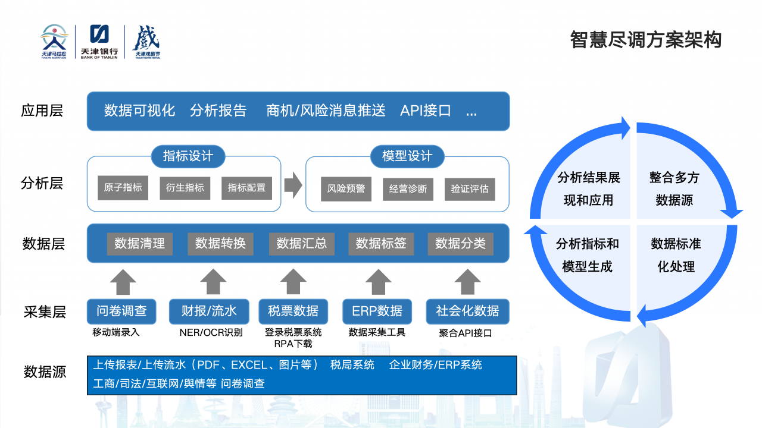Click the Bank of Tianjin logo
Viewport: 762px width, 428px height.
(99, 41)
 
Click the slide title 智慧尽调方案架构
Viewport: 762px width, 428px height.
(646, 39)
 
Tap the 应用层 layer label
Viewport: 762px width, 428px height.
(42, 111)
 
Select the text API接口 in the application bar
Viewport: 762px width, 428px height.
(425, 111)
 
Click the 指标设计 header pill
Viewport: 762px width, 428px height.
(188, 156)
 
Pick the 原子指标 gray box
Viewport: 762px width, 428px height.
(123, 188)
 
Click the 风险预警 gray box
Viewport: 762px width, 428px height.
(346, 189)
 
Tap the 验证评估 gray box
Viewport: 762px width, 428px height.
(469, 189)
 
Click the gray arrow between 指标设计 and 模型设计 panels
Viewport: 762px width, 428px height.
(293, 186)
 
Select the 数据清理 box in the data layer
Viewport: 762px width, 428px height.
(139, 243)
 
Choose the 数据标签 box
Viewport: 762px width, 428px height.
(380, 243)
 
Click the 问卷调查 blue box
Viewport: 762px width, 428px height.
(121, 311)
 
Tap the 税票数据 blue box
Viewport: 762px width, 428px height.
(293, 311)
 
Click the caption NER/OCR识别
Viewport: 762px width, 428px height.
(211, 332)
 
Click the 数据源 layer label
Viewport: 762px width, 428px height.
(45, 372)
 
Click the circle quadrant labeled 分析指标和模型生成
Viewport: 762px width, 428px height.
(587, 255)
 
